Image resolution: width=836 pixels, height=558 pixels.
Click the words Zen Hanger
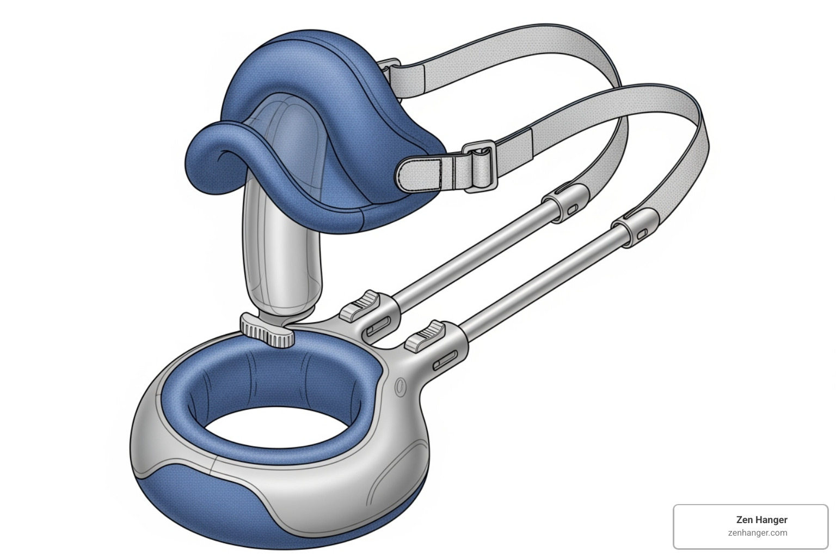tap(761, 520)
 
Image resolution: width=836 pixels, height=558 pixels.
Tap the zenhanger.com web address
tap(757, 533)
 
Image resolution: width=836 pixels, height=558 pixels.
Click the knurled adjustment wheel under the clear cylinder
tap(267, 331)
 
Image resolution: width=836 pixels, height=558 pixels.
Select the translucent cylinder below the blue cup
tap(281, 256)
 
